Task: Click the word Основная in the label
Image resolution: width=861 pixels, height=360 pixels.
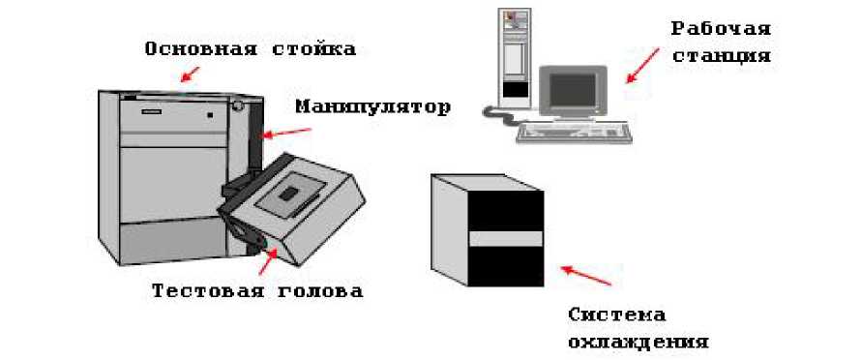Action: pos(201,49)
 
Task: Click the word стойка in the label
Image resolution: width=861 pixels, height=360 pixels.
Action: pos(314,49)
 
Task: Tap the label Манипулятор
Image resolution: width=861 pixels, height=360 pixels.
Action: pos(372,106)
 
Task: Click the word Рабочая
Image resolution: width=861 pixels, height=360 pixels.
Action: pos(721,30)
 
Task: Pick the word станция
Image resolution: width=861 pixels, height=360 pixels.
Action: pos(722,56)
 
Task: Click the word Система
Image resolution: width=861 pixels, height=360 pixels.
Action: pos(616,315)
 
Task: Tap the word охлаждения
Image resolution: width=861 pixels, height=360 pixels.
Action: pos(638,343)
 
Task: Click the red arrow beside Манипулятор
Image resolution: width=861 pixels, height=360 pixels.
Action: pos(287,132)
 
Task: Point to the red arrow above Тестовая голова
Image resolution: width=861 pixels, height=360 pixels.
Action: pos(267,261)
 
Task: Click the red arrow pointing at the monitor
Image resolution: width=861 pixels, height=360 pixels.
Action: pos(642,66)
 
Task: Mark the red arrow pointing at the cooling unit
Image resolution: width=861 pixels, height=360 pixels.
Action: pos(585,276)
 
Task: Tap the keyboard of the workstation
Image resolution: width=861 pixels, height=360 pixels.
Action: pos(574,133)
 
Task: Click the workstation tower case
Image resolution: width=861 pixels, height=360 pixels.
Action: pos(515,58)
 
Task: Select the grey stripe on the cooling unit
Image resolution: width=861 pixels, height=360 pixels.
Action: pos(506,238)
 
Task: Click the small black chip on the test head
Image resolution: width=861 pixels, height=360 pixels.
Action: pos(287,194)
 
